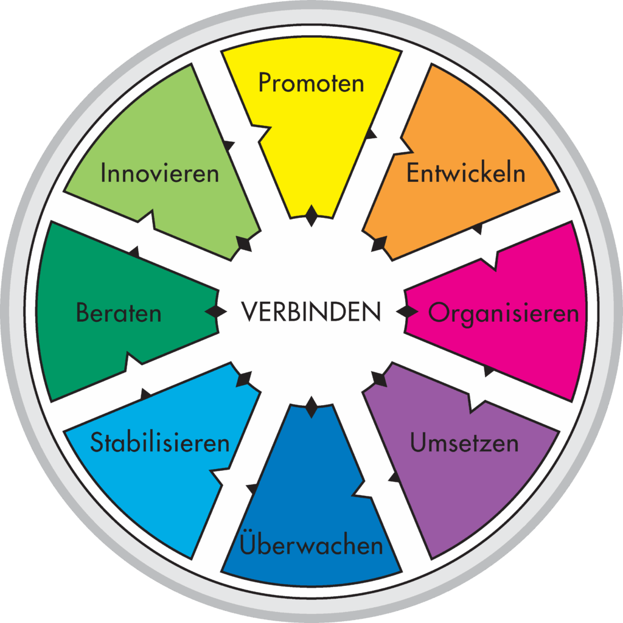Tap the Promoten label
tap(311, 83)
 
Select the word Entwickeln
tap(465, 173)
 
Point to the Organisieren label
tap(503, 313)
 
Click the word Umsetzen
tap(464, 444)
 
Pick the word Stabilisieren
tap(160, 442)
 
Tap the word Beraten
tap(119, 313)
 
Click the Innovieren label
tap(159, 173)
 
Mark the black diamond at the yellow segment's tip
tap(311, 215)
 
